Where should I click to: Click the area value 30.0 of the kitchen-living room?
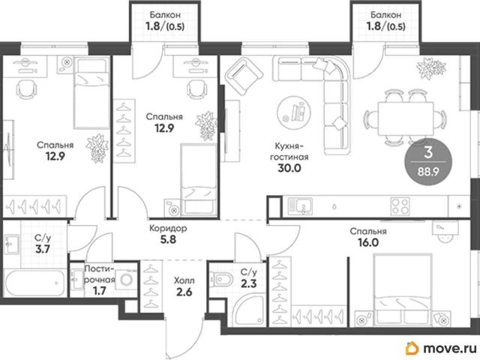tap(289, 168)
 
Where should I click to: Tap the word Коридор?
tap(168, 228)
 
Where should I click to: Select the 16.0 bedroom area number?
tap(368, 242)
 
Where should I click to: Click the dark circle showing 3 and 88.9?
tap(428, 163)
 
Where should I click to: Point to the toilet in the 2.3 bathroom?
tap(221, 279)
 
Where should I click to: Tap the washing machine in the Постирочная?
tap(126, 279)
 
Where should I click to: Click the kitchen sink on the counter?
tap(300, 206)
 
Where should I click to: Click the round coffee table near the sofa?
tap(293, 112)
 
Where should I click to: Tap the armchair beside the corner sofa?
tap(244, 76)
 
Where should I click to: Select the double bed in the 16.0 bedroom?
tap(403, 289)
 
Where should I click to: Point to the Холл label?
tap(184, 280)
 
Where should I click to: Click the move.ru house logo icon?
tap(412, 348)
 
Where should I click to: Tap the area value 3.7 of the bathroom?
tap(43, 249)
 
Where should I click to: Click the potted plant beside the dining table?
tap(431, 68)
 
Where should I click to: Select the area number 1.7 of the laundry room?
tap(100, 291)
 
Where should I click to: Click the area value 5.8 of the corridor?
tap(168, 239)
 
